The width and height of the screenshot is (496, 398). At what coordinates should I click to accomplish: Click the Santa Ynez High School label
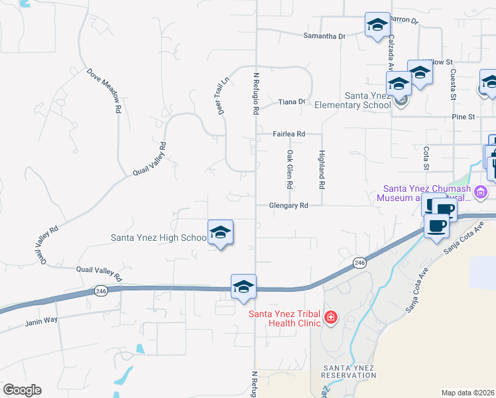pyautogui.click(x=158, y=237)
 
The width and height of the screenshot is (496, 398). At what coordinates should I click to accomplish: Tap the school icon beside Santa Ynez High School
pyautogui.click(x=220, y=233)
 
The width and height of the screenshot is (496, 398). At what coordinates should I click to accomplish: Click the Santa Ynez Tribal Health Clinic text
pyautogui.click(x=284, y=318)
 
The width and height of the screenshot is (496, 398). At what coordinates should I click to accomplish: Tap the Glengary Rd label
pyautogui.click(x=289, y=206)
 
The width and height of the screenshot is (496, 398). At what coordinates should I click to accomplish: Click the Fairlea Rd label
pyautogui.click(x=289, y=134)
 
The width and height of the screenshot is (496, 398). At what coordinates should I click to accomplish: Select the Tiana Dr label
pyautogui.click(x=291, y=101)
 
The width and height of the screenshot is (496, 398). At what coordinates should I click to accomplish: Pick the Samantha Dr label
pyautogui.click(x=324, y=36)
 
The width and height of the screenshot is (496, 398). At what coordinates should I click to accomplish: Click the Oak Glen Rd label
pyautogui.click(x=290, y=168)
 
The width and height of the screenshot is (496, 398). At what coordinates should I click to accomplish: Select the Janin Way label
pyautogui.click(x=41, y=320)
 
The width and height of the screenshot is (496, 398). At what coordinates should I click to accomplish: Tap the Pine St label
pyautogui.click(x=464, y=117)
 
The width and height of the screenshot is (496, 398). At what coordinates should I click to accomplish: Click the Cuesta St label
pyautogui.click(x=453, y=85)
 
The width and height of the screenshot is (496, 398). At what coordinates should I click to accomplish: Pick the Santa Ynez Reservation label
pyautogui.click(x=349, y=371)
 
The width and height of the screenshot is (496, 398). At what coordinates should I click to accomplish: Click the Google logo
pyautogui.click(x=22, y=390)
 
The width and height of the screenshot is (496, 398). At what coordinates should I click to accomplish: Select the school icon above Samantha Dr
pyautogui.click(x=377, y=25)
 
